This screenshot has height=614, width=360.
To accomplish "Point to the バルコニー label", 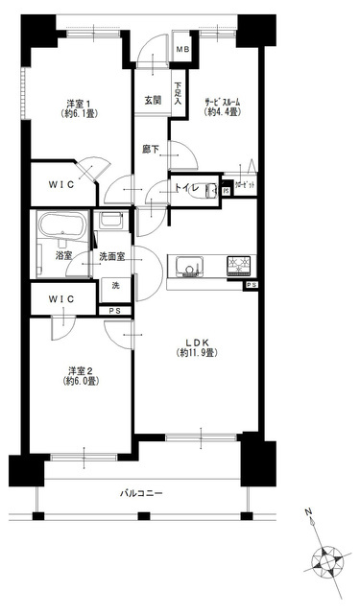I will tap(141, 493).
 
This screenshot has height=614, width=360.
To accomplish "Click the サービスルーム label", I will tap(224, 104).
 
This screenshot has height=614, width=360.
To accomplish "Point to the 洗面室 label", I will tap(112, 257).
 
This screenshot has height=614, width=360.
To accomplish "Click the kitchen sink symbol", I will tap(184, 266).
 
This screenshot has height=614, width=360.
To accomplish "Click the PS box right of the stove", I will tap(252, 285).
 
